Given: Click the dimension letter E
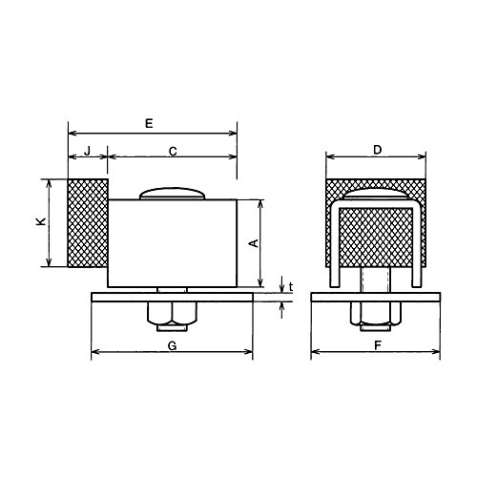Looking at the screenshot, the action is [149, 123].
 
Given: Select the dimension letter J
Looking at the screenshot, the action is [88, 151].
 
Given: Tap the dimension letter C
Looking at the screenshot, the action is [173, 152].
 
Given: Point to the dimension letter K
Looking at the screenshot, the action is [41, 221].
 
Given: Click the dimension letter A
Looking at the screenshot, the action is [254, 243].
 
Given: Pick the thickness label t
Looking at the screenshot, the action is [291, 287].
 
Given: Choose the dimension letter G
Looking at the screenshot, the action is [172, 345].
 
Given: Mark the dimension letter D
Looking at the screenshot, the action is [377, 150].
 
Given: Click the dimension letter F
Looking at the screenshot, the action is [378, 345].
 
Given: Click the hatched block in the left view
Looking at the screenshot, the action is [88, 223].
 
